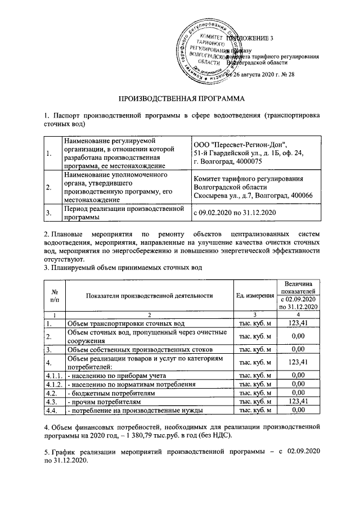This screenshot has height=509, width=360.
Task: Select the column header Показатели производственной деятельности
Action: click(x=149, y=295)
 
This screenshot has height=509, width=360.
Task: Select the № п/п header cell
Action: click(x=55, y=295)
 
